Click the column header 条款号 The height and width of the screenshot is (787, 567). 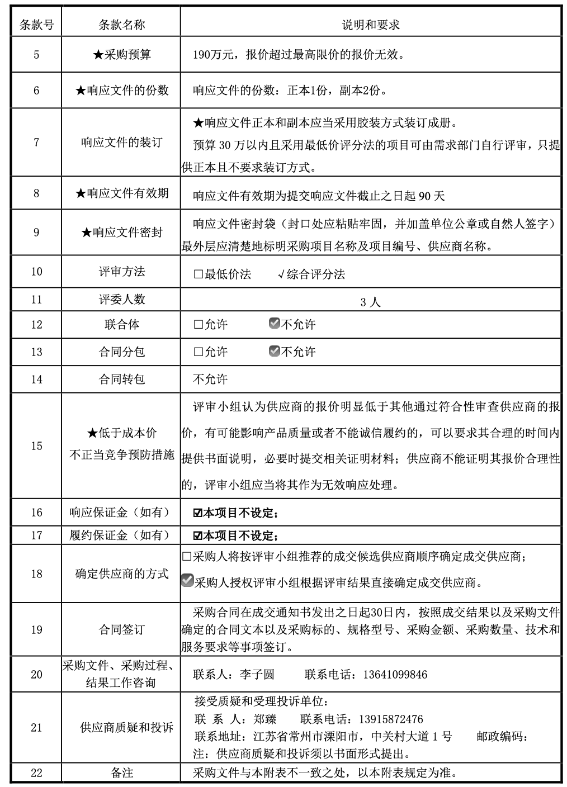(x=36, y=25)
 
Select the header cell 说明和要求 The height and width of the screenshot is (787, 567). (x=370, y=25)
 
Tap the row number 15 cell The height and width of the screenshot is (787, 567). (x=36, y=445)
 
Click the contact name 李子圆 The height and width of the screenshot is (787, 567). (x=257, y=675)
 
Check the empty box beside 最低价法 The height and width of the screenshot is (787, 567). (x=198, y=274)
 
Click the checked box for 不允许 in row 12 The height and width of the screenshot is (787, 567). (x=274, y=324)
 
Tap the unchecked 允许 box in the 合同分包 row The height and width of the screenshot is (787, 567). (x=198, y=352)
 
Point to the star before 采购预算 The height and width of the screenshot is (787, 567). (x=98, y=55)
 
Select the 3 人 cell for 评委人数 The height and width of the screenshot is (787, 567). (x=370, y=302)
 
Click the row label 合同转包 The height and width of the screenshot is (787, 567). (x=122, y=380)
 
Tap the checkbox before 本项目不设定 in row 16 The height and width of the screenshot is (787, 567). (x=197, y=513)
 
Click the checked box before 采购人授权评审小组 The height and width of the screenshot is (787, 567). (x=187, y=581)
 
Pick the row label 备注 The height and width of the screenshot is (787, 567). (x=122, y=773)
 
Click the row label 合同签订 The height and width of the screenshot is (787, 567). (x=122, y=630)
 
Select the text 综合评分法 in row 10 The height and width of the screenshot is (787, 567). (x=316, y=274)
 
